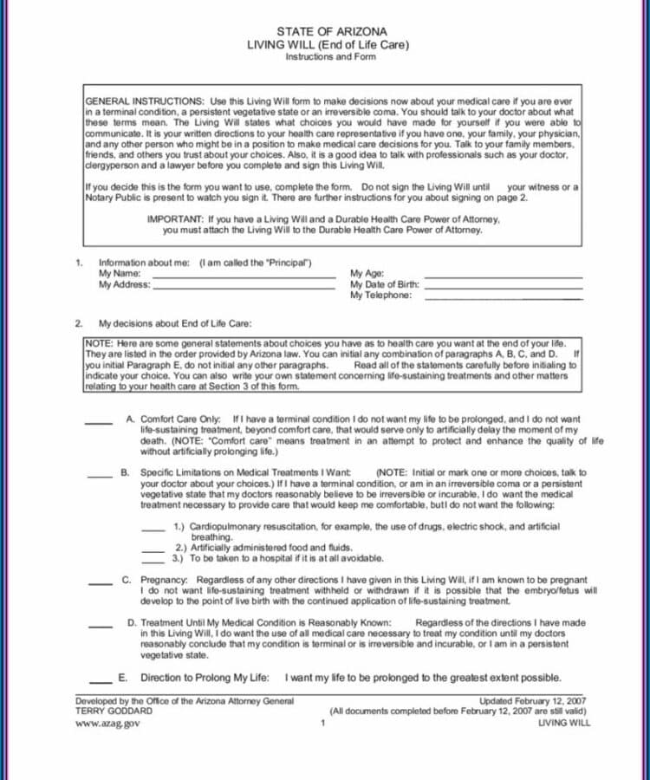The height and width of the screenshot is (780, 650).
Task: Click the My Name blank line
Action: [x=244, y=275]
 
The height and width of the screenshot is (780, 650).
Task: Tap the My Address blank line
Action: [x=244, y=286]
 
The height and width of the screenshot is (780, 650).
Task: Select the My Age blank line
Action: [x=503, y=275]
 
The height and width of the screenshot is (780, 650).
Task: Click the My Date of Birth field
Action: [x=503, y=286]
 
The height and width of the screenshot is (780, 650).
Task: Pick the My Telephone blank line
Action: [x=503, y=297]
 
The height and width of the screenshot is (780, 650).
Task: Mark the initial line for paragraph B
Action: [x=100, y=474]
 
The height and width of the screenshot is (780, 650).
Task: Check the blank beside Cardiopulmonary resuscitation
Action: [x=153, y=528]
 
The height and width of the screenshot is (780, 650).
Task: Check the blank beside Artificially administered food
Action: [x=153, y=549]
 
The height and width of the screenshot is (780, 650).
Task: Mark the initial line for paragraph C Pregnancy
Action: [x=100, y=582]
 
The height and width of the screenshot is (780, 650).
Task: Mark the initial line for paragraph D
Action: [x=100, y=625]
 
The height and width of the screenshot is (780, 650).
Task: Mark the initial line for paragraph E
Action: [x=100, y=679]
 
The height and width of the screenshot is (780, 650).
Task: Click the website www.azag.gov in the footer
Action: [x=107, y=723]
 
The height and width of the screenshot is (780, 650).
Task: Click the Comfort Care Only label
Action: [x=180, y=419]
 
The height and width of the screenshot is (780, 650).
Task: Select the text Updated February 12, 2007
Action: [x=534, y=701]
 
